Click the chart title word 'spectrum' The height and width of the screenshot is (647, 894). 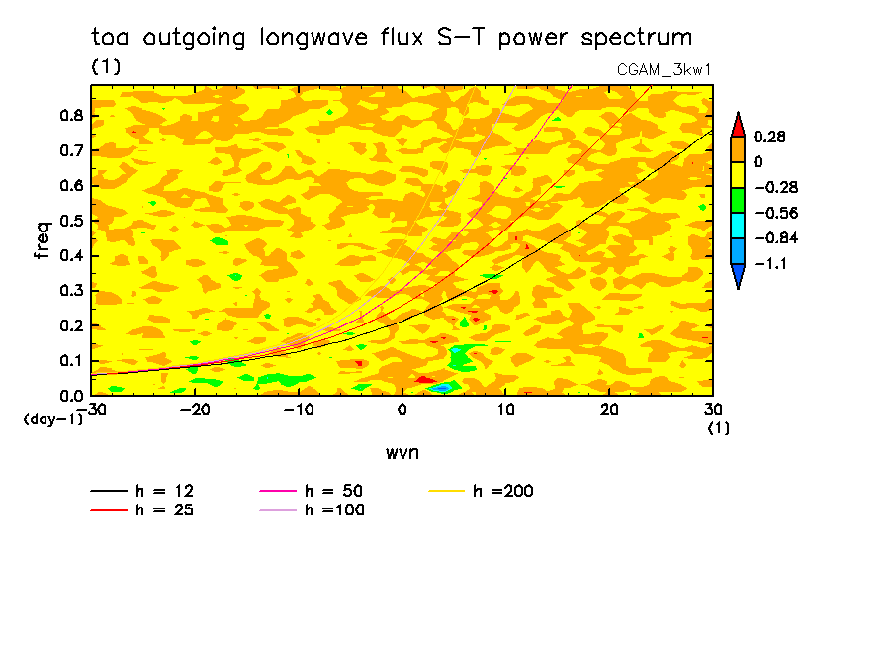coord(641,39)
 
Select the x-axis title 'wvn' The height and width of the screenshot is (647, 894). coord(402,452)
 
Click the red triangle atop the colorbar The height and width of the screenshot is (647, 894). coord(738,124)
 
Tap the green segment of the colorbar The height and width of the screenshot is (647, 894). coord(738,200)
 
